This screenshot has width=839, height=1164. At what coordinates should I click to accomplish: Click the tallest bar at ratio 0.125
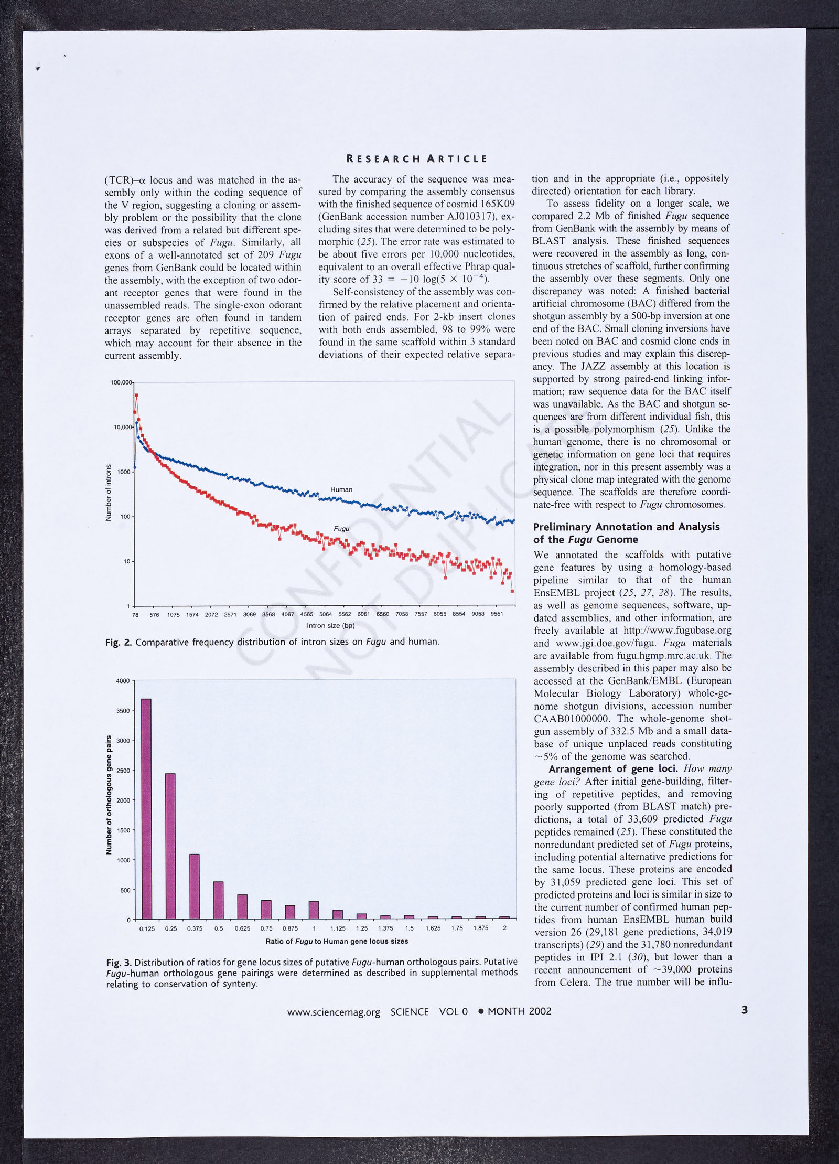[x=147, y=809]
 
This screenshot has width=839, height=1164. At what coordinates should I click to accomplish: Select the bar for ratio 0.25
[x=170, y=846]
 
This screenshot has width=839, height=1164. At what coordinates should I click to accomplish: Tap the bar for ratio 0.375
[x=195, y=887]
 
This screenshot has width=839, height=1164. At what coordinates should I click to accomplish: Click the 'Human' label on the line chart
[x=341, y=489]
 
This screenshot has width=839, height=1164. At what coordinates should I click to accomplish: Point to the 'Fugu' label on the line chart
[x=341, y=529]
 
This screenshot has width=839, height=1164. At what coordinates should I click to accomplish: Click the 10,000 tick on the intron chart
[x=122, y=428]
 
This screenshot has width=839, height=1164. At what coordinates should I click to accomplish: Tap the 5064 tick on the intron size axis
[x=326, y=614]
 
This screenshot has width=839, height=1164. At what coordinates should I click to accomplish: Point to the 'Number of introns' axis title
[x=109, y=493]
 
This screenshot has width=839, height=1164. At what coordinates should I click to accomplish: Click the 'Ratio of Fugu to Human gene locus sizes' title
[x=337, y=941]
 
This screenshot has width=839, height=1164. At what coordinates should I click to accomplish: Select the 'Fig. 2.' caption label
[x=119, y=642]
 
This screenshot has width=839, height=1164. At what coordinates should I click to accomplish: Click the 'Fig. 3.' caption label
[x=119, y=962]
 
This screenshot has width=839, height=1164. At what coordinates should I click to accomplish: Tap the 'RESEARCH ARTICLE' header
[x=417, y=159]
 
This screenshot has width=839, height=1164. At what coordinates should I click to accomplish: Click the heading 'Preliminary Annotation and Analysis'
[x=626, y=527]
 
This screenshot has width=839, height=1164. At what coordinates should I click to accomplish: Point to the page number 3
[x=744, y=1010]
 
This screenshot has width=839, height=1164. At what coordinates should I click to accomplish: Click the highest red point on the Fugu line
[x=136, y=395]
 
